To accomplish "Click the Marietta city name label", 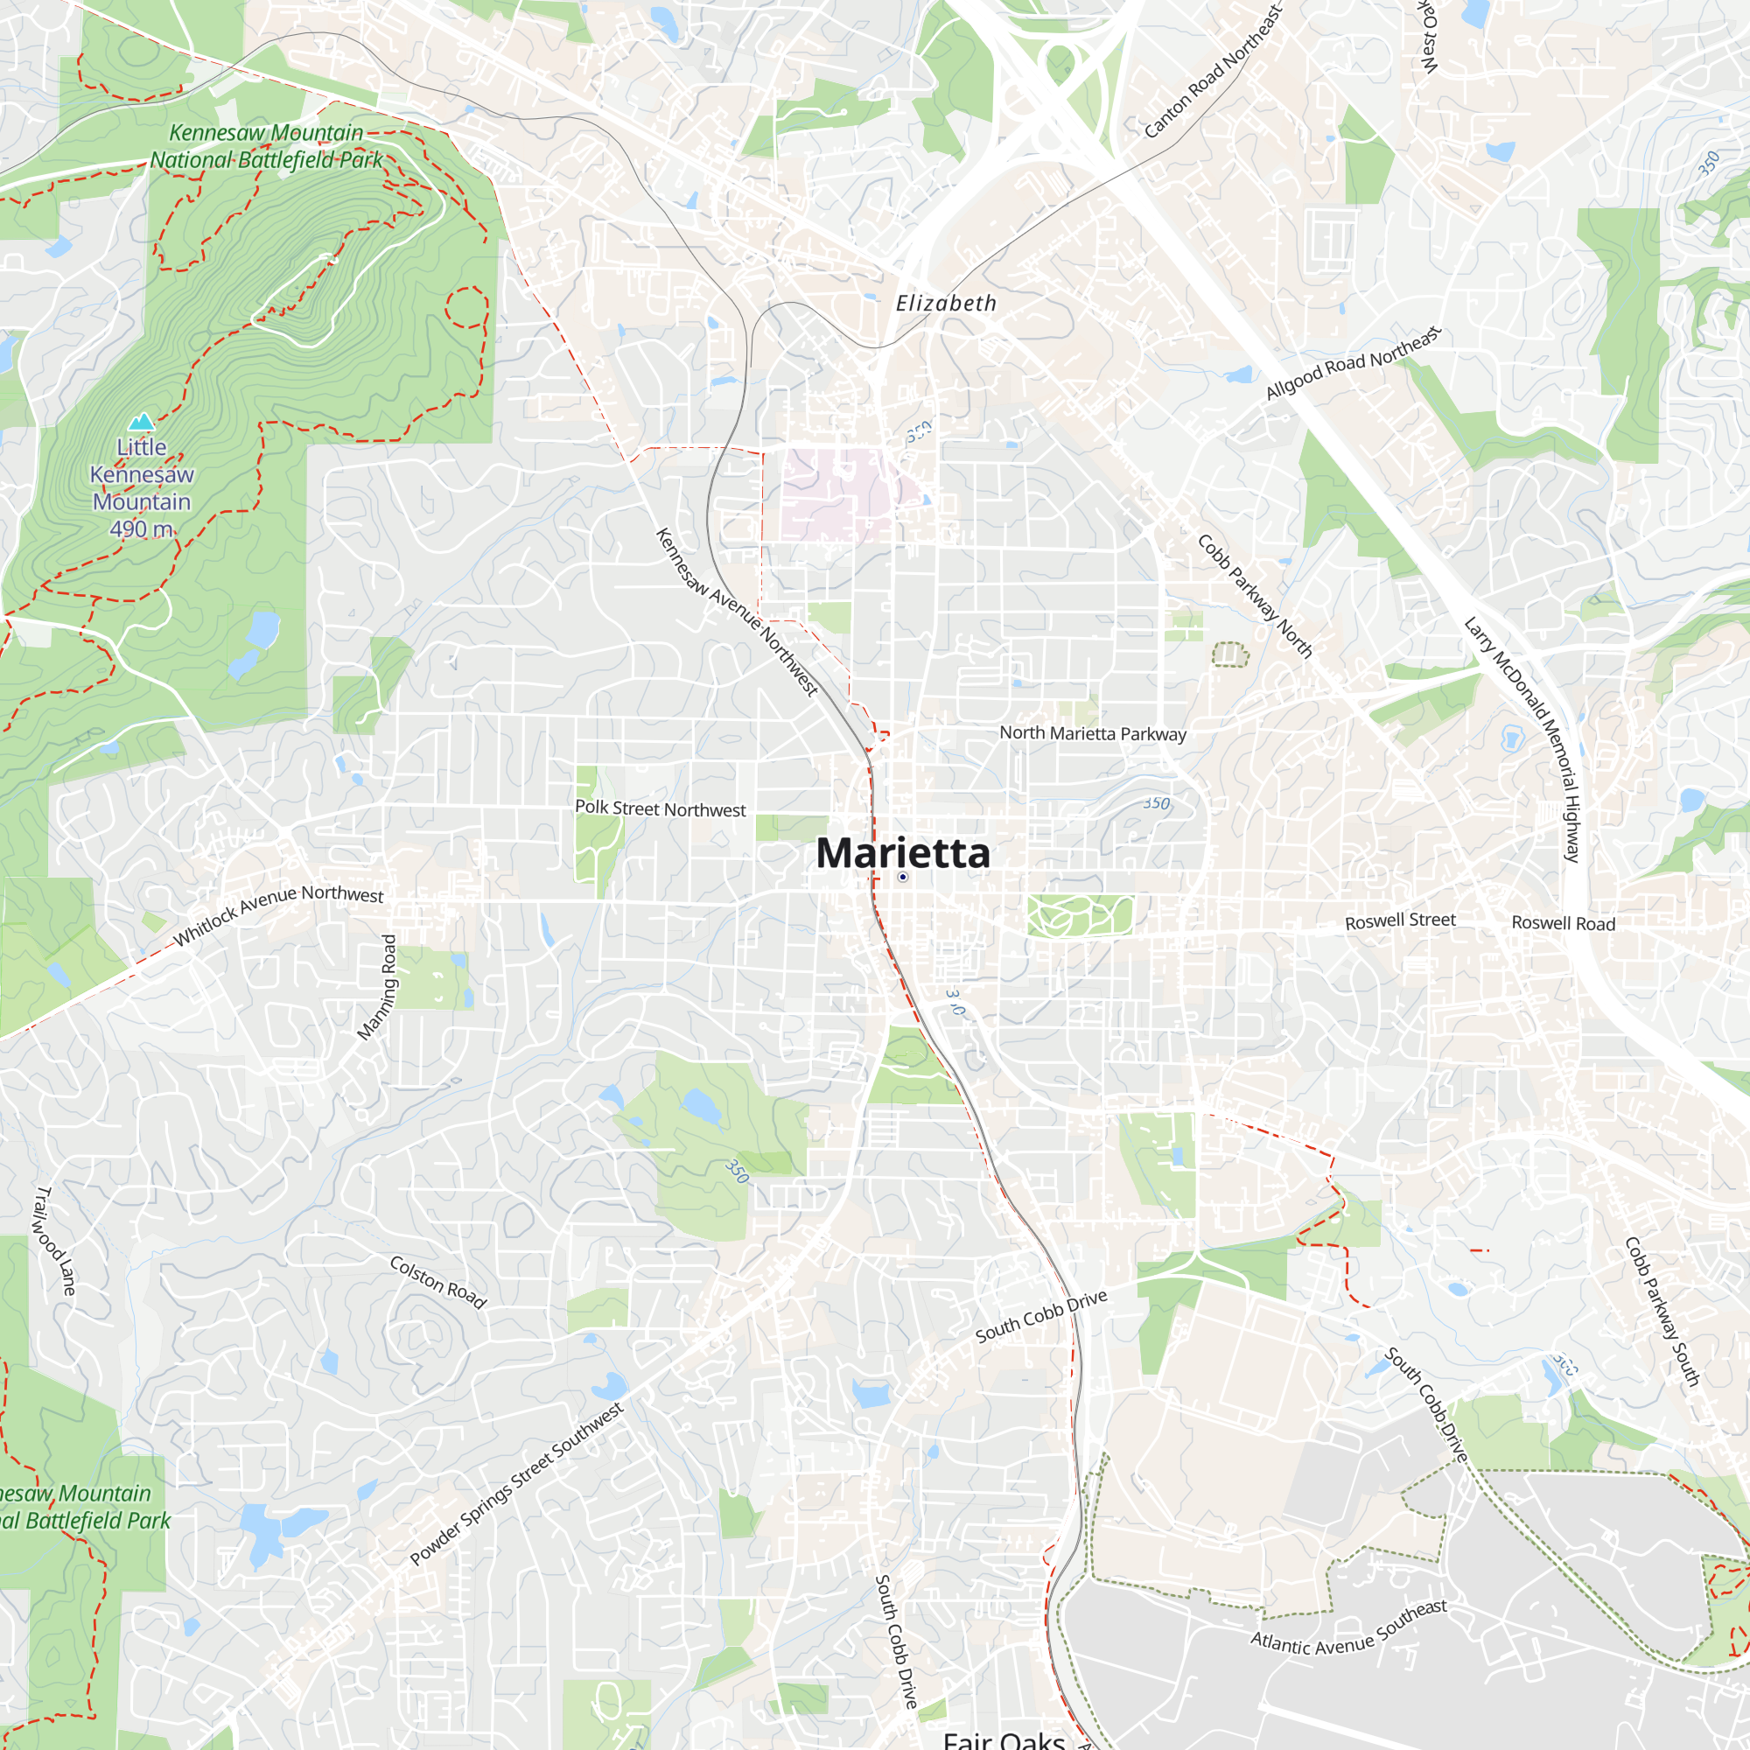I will tap(902, 852).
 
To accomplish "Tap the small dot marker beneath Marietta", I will tap(903, 877).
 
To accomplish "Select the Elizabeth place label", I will tap(946, 304).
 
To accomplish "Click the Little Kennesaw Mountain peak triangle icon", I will tap(141, 421).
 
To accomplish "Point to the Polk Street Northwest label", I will tap(661, 808).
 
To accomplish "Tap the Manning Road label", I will tap(377, 987).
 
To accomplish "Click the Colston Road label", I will tap(438, 1282).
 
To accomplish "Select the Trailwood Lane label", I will tap(55, 1240).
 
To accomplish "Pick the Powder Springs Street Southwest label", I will tap(516, 1484).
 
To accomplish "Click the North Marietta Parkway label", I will tap(1092, 734).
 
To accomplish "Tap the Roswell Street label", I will tap(1400, 921).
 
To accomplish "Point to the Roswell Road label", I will tap(1564, 924).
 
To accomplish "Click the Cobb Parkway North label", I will tap(1255, 595).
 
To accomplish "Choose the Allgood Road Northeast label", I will tap(1353, 363).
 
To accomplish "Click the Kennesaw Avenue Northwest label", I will tap(737, 612).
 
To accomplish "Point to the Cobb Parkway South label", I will tap(1662, 1312).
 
